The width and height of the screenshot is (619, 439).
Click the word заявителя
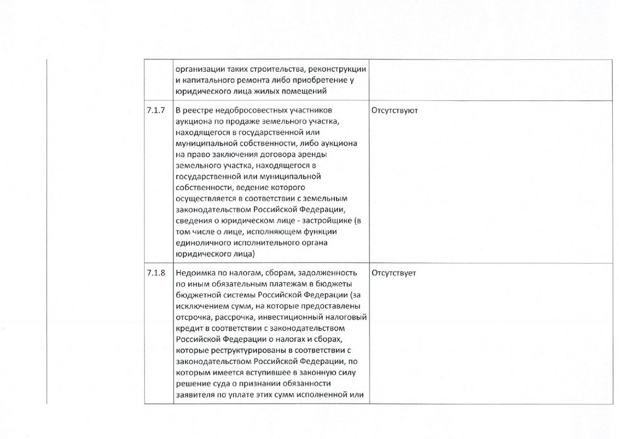[x=194, y=396]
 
